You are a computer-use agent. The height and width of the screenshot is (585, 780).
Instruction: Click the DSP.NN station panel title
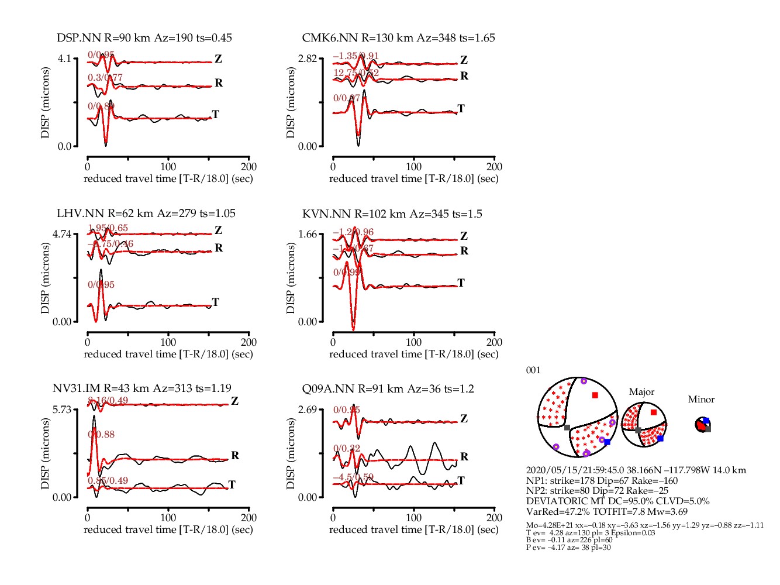pyautogui.click(x=144, y=38)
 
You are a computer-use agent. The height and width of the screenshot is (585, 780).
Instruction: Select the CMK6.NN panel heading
pyautogui.click(x=398, y=38)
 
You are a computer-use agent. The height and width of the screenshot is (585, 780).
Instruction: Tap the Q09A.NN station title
pyautogui.click(x=388, y=389)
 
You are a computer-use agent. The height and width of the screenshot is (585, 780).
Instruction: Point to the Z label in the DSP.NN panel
pyautogui.click(x=218, y=59)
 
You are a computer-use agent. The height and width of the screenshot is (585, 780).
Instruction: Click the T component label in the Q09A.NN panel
pyautogui.click(x=461, y=481)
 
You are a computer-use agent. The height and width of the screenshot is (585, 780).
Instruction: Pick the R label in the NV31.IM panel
pyautogui.click(x=235, y=456)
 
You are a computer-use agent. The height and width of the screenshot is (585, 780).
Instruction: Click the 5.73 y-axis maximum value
pyautogui.click(x=62, y=409)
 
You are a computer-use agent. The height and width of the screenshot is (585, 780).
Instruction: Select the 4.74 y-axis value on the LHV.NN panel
pyautogui.click(x=62, y=234)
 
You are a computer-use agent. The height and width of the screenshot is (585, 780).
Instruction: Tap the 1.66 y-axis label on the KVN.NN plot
pyautogui.click(x=308, y=234)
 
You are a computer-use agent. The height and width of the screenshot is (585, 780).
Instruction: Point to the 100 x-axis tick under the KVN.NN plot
pyautogui.click(x=413, y=342)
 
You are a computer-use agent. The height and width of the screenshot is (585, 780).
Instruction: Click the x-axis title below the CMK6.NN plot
pyautogui.click(x=413, y=178)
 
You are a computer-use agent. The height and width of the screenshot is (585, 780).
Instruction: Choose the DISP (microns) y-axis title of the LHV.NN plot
pyautogui.click(x=45, y=278)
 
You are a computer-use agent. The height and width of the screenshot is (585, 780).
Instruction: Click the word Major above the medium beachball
pyautogui.click(x=641, y=392)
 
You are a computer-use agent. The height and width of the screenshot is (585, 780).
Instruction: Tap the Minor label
pyautogui.click(x=701, y=400)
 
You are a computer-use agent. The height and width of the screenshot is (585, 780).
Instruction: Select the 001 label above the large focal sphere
pyautogui.click(x=533, y=370)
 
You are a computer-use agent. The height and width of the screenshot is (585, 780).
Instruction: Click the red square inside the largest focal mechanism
pyautogui.click(x=595, y=395)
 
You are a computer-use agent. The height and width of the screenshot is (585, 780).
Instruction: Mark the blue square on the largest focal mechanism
pyautogui.click(x=607, y=442)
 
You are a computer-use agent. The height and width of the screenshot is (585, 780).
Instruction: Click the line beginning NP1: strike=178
pyautogui.click(x=602, y=481)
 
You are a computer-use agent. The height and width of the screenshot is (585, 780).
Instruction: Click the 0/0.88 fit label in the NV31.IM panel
pyautogui.click(x=101, y=435)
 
